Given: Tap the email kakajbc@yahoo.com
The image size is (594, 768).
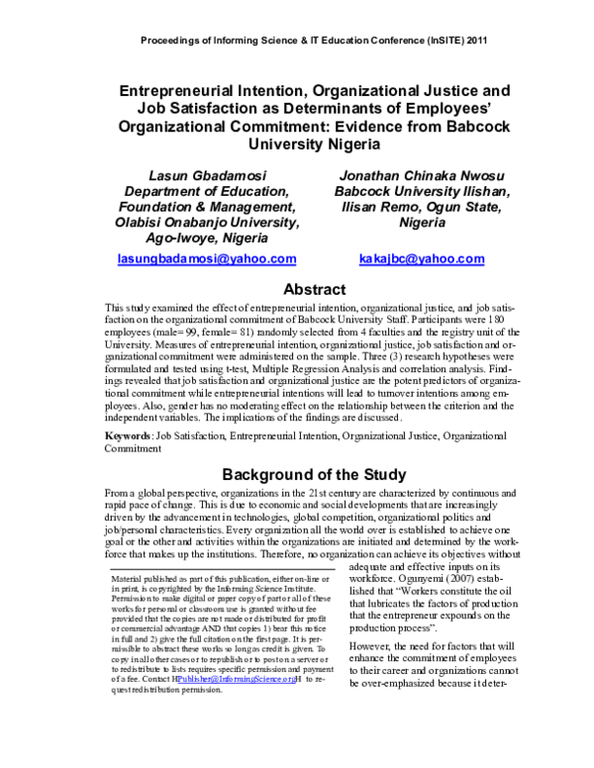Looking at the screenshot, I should point(423,259).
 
